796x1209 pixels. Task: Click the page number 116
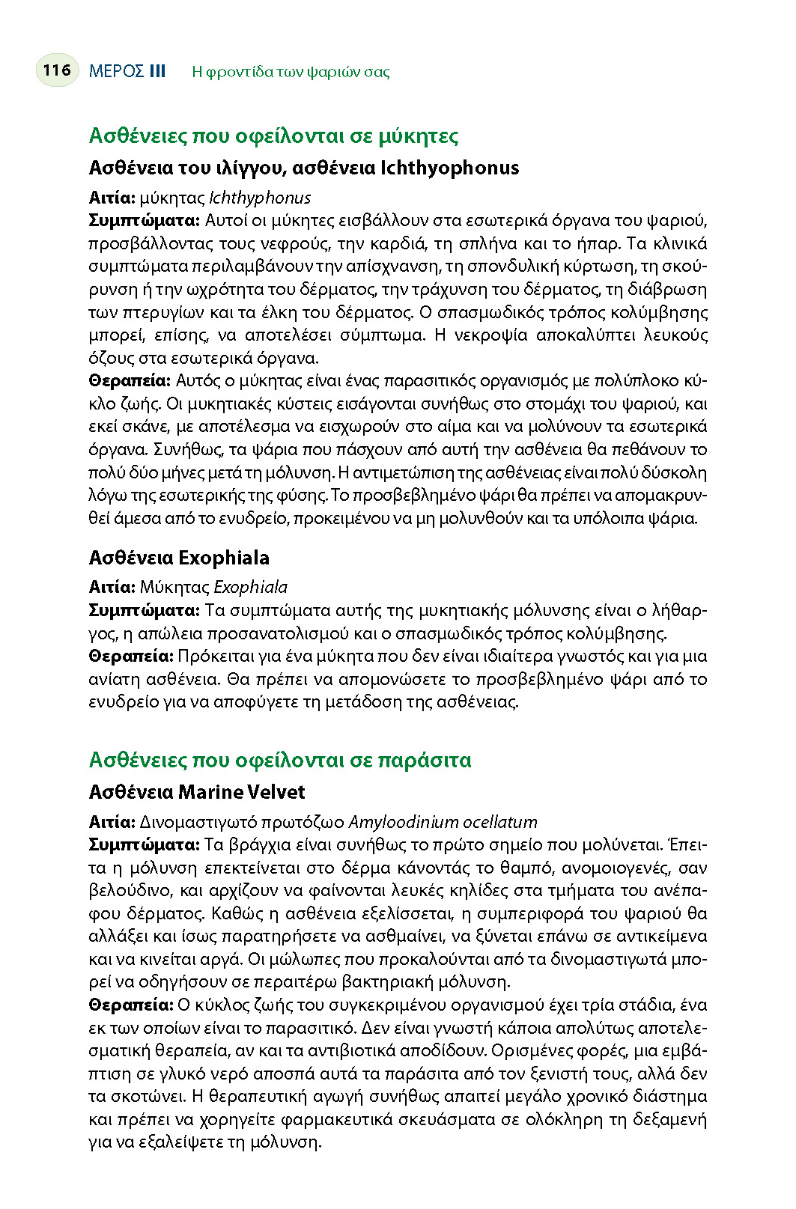point(57,70)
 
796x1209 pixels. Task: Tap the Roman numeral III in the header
point(157,71)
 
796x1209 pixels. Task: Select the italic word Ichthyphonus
point(260,198)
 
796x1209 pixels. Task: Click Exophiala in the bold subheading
point(224,558)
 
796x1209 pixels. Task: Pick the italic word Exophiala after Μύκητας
point(250,587)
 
